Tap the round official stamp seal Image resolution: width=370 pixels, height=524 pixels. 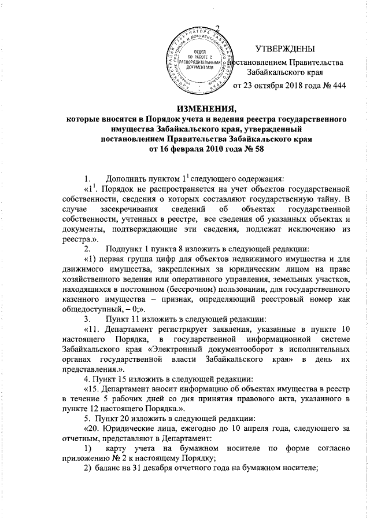click(191, 63)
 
